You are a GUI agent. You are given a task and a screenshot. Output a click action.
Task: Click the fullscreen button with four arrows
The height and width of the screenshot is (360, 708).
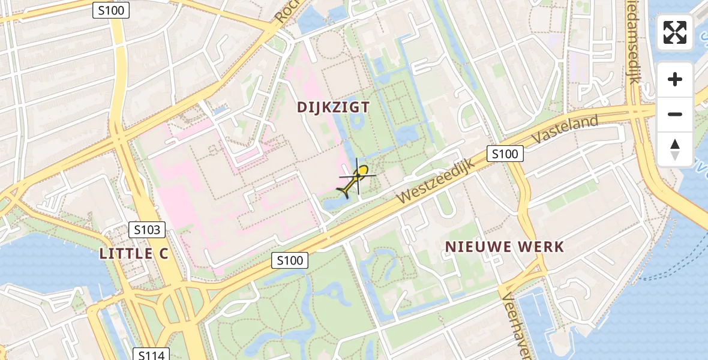pyautogui.click(x=675, y=32)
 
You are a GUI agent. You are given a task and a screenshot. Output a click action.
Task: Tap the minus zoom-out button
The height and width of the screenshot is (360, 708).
pyautogui.click(x=675, y=114)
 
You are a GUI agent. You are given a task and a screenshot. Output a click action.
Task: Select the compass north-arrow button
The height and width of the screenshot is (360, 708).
pyautogui.click(x=675, y=149)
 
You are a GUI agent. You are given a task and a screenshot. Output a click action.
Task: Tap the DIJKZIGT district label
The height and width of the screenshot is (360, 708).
pyautogui.click(x=333, y=107)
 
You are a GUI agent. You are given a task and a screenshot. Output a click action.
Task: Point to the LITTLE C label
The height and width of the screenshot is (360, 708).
pyautogui.click(x=134, y=253)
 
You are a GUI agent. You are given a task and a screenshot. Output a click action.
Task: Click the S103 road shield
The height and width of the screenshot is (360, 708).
pyautogui.click(x=146, y=229)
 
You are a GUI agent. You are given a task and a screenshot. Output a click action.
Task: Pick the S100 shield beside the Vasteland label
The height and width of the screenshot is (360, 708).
pyautogui.click(x=505, y=154)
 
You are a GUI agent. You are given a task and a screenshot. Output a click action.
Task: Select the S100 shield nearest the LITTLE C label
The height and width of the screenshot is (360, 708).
pyautogui.click(x=289, y=260)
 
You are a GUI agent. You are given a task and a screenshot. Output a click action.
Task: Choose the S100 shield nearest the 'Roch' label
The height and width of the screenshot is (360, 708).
pyautogui.click(x=111, y=10)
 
